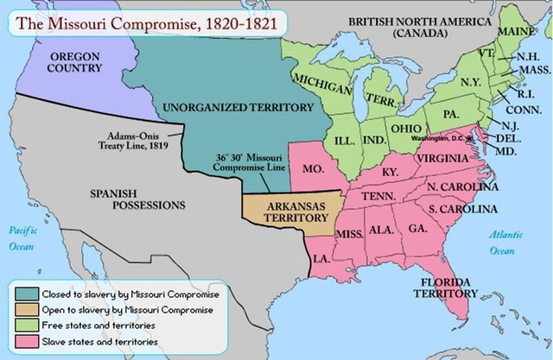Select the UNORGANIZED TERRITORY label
(x=237, y=108)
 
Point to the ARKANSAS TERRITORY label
(x=288, y=212)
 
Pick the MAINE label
(x=517, y=32)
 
